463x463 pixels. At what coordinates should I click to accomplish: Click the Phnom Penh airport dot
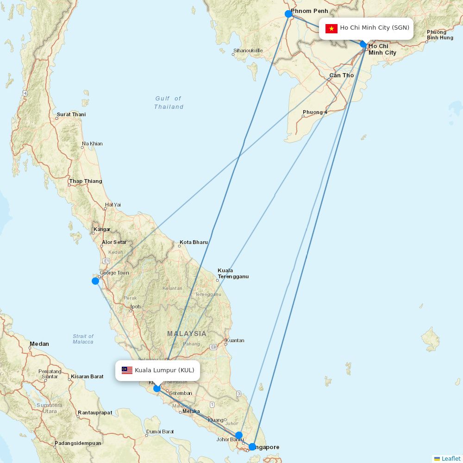pyautogui.click(x=288, y=14)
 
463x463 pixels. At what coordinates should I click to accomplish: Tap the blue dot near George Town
pyautogui.click(x=95, y=281)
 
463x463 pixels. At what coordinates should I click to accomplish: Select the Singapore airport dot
pyautogui.click(x=252, y=447)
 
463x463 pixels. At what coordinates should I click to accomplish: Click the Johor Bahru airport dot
pyautogui.click(x=238, y=435)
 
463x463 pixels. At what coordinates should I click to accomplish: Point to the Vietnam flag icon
pyautogui.click(x=331, y=28)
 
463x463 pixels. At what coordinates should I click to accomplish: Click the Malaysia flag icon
pyautogui.click(x=127, y=370)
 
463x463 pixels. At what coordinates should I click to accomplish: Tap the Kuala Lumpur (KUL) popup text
pyautogui.click(x=164, y=370)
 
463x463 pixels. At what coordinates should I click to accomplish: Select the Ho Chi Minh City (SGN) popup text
pyautogui.click(x=375, y=28)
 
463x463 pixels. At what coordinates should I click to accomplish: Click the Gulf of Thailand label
pyautogui.click(x=169, y=103)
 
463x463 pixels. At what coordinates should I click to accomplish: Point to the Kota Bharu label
pyautogui.click(x=194, y=242)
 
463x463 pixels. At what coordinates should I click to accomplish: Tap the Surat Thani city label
pyautogui.click(x=71, y=114)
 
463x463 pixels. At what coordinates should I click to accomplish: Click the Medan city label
pyautogui.click(x=39, y=344)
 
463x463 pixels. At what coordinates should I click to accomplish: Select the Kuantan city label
pyautogui.click(x=235, y=340)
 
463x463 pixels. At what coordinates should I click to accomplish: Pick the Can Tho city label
pyautogui.click(x=341, y=75)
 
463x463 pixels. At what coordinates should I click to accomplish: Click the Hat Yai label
pyautogui.click(x=113, y=205)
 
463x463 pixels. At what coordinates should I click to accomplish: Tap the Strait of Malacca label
pyautogui.click(x=83, y=339)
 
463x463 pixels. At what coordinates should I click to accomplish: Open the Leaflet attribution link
pyautogui.click(x=450, y=458)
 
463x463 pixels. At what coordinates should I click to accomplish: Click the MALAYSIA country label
pyautogui.click(x=187, y=333)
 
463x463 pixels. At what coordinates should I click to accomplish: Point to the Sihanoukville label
pyautogui.click(x=248, y=50)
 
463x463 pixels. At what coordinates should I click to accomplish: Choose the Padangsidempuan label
pyautogui.click(x=77, y=443)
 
